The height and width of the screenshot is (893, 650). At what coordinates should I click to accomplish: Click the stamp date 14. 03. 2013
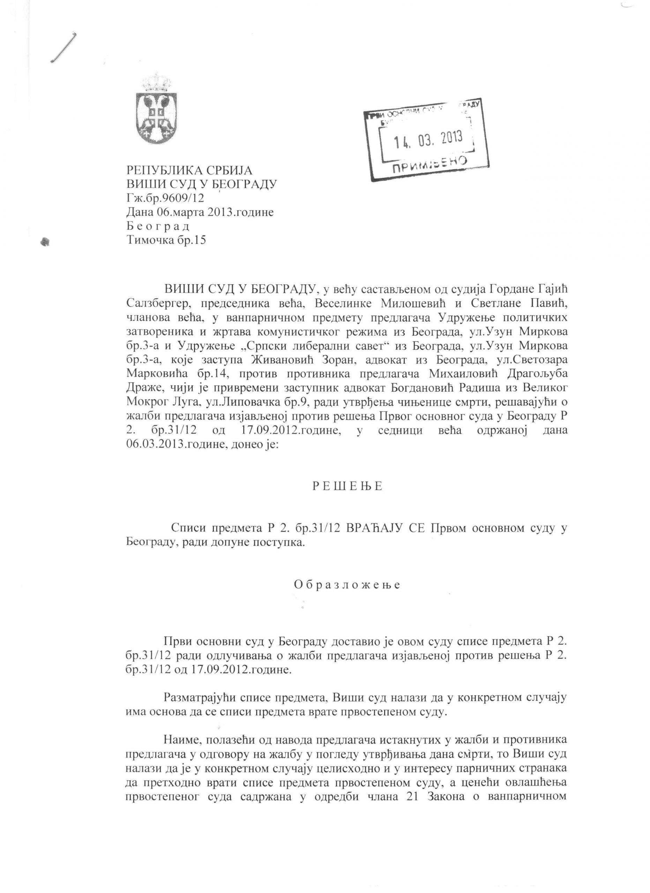[428, 138]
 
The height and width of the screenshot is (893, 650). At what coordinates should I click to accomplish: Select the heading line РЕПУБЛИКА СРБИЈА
[189, 171]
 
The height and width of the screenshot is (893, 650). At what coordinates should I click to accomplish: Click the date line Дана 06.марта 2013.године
[200, 212]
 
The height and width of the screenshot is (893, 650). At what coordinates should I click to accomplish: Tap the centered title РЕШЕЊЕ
[347, 486]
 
